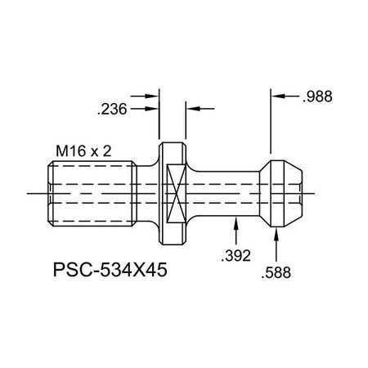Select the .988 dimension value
tap(316, 96)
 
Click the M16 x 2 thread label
tap(83, 152)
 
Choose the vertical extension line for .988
tap(271, 123)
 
